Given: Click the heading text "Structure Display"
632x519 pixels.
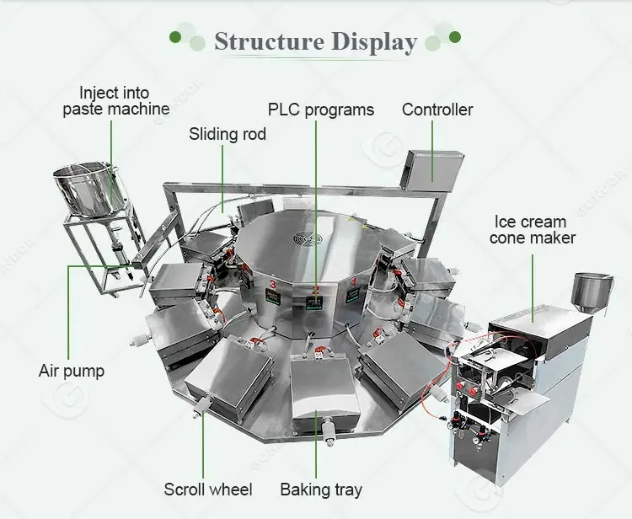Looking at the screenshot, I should pyautogui.click(x=315, y=41).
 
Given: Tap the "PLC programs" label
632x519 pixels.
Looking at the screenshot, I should pyautogui.click(x=320, y=110).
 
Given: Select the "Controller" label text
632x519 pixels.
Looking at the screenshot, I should pyautogui.click(x=437, y=110).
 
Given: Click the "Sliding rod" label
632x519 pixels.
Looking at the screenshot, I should pyautogui.click(x=227, y=134).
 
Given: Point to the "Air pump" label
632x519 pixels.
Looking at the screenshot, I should pyautogui.click(x=72, y=370).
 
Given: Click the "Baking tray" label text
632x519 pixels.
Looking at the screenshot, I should pyautogui.click(x=321, y=490).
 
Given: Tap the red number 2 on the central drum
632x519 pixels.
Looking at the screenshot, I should pyautogui.click(x=316, y=291).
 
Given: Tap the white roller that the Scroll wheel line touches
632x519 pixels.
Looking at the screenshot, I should pyautogui.click(x=203, y=408).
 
